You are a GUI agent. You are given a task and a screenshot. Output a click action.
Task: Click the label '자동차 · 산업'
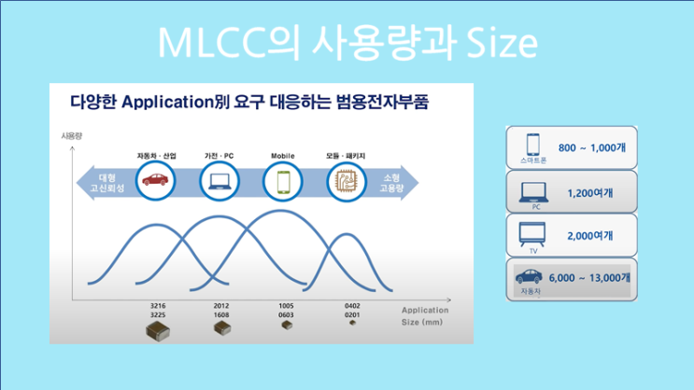[x=155, y=155]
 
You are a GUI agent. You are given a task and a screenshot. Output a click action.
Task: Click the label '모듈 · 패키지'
[x=345, y=155]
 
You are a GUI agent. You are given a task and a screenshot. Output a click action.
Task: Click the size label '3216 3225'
[x=157, y=311]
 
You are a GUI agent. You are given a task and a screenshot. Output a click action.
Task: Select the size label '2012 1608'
[x=222, y=311]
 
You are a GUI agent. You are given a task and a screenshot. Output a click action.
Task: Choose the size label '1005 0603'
[x=287, y=311]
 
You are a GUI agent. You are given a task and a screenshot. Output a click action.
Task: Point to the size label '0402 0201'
[x=351, y=311]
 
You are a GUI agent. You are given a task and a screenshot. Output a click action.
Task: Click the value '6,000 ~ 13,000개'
[x=590, y=277]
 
